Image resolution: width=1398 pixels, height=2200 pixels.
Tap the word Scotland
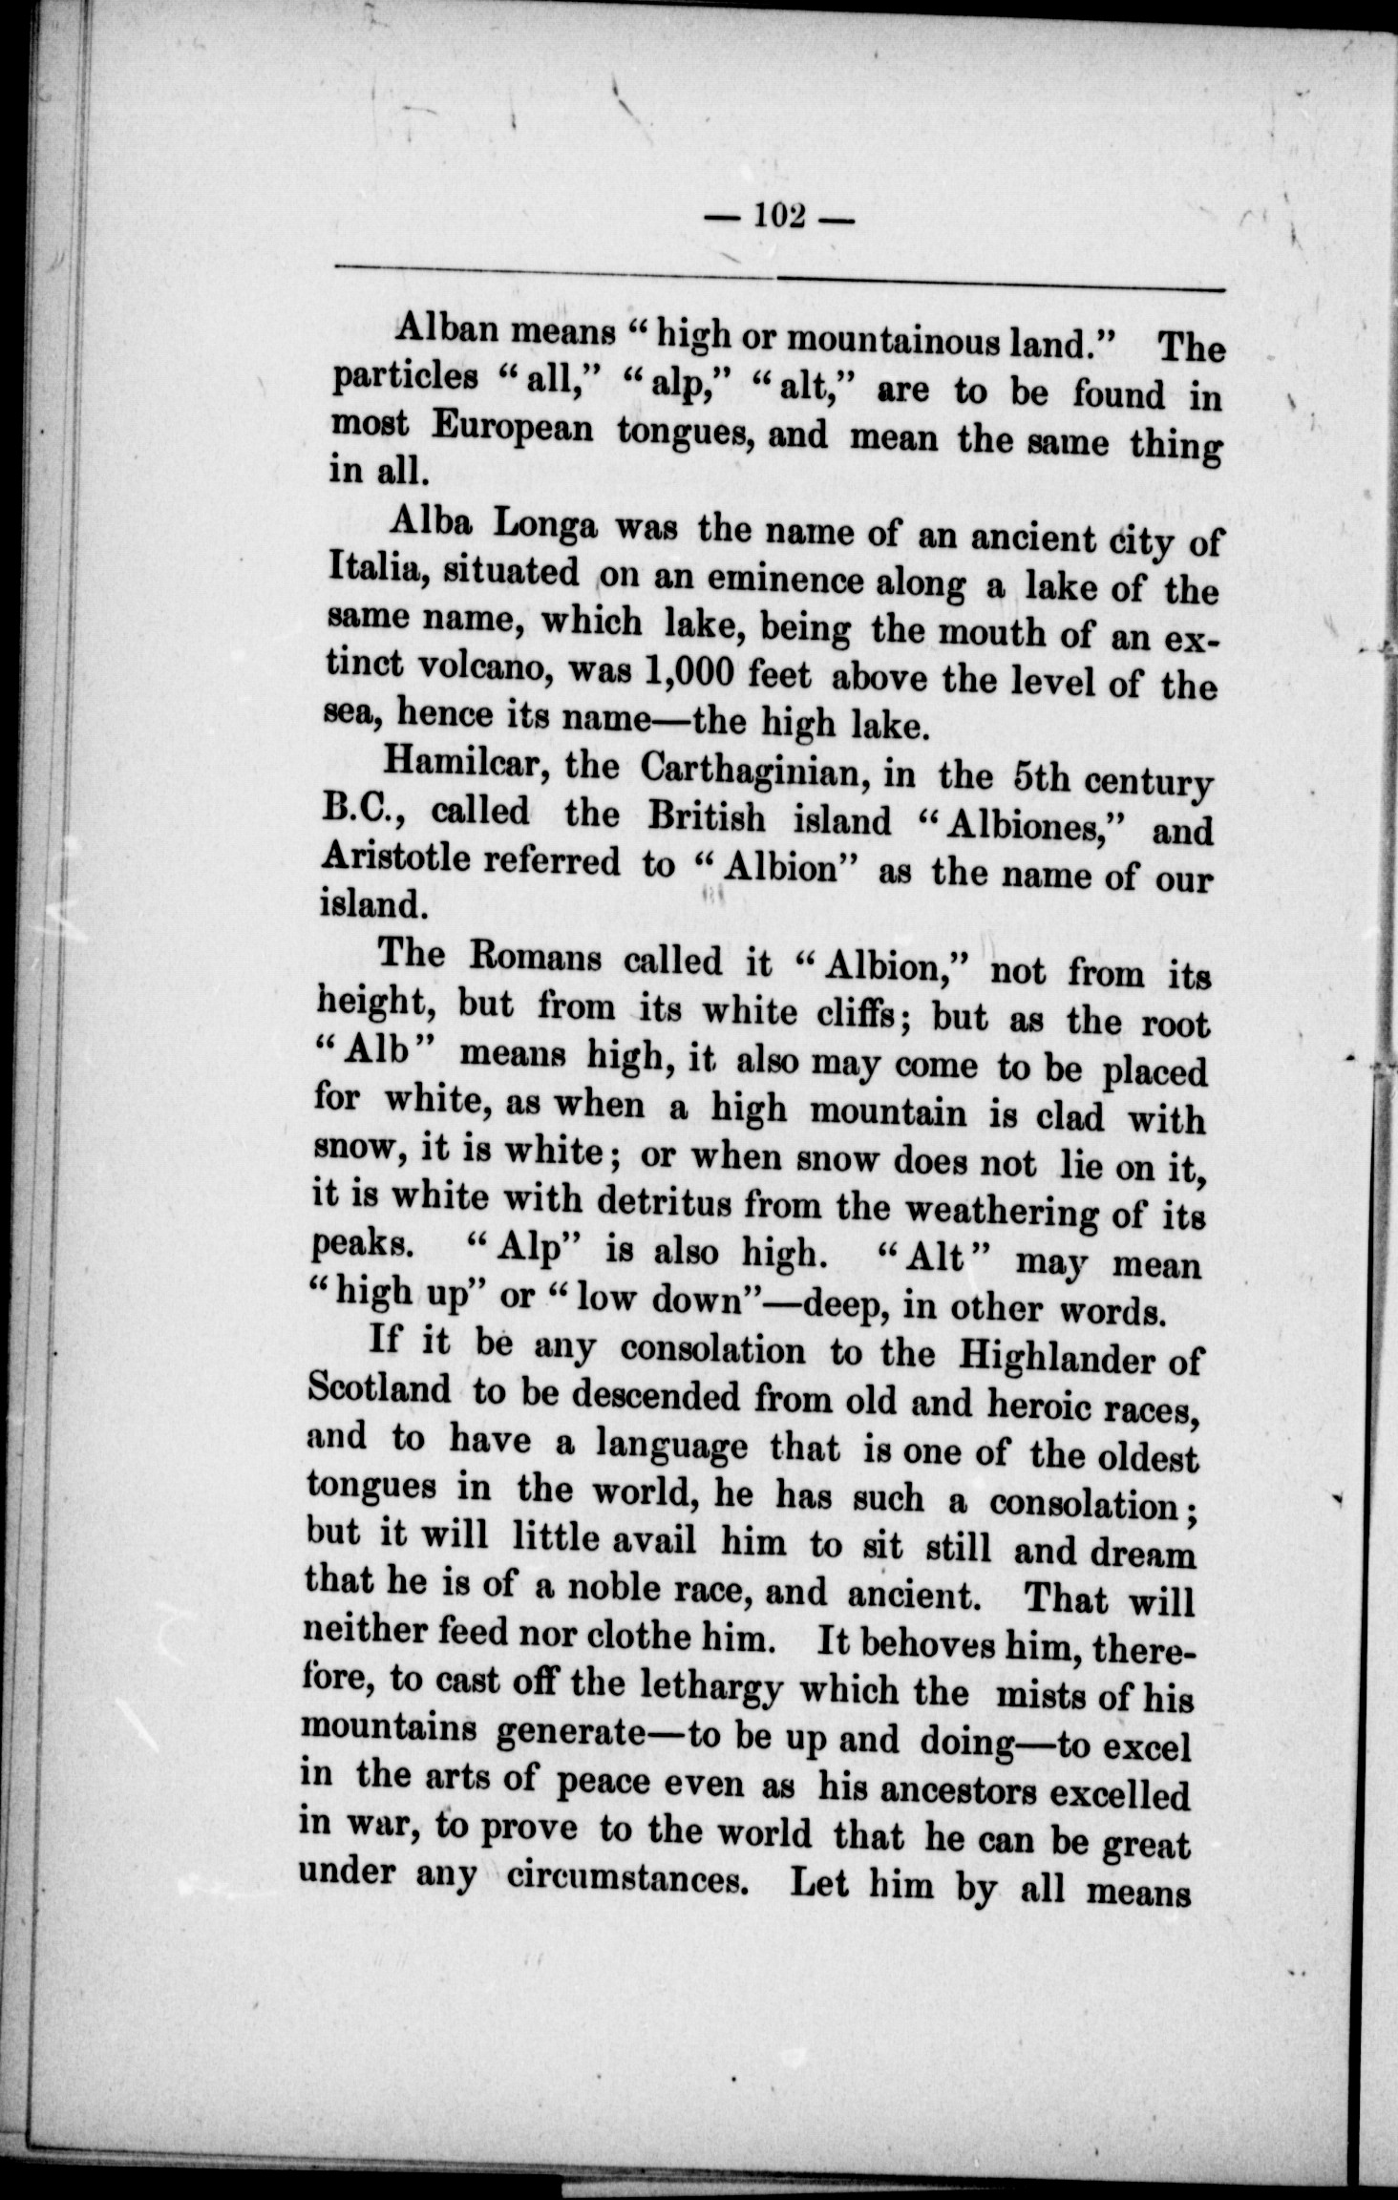(x=379, y=1390)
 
